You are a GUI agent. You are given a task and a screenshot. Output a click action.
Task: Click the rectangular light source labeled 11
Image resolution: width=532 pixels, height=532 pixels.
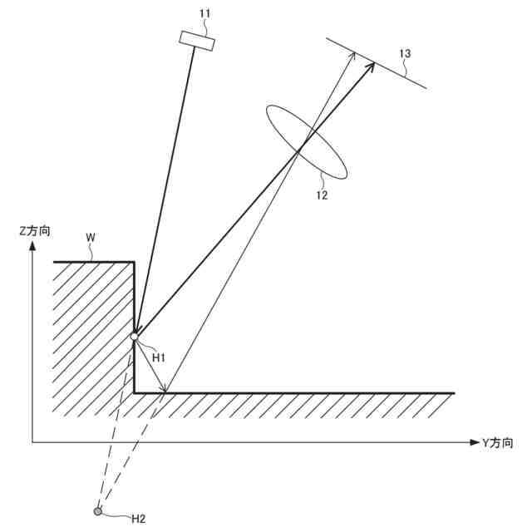pyautogui.click(x=197, y=41)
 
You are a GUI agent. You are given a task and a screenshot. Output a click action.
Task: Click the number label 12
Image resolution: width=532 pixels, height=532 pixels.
pyautogui.click(x=321, y=196)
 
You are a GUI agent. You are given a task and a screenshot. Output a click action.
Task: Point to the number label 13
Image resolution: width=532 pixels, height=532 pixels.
pyautogui.click(x=405, y=53)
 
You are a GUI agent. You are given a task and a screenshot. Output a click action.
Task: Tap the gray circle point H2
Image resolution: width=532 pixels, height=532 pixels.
pyautogui.click(x=98, y=511)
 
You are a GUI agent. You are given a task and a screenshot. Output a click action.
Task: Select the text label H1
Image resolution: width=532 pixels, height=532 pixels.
pyautogui.click(x=159, y=357)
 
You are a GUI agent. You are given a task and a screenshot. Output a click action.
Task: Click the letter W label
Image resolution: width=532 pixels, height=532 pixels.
pyautogui.click(x=91, y=238)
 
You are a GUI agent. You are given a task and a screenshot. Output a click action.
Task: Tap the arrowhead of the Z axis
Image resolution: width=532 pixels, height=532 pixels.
pyautogui.click(x=32, y=248)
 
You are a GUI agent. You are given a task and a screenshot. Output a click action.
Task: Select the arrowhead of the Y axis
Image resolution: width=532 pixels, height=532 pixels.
pyautogui.click(x=474, y=442)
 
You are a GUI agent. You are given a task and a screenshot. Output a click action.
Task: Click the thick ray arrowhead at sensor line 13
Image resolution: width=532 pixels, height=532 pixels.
pyautogui.click(x=372, y=65)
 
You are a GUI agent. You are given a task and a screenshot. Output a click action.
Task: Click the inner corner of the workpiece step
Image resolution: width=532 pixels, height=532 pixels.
pyautogui.click(x=134, y=392)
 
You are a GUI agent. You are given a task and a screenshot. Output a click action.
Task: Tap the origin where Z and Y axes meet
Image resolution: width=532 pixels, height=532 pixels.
pyautogui.click(x=32, y=442)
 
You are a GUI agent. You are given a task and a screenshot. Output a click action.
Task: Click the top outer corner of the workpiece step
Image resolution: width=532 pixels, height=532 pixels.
pyautogui.click(x=134, y=262)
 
